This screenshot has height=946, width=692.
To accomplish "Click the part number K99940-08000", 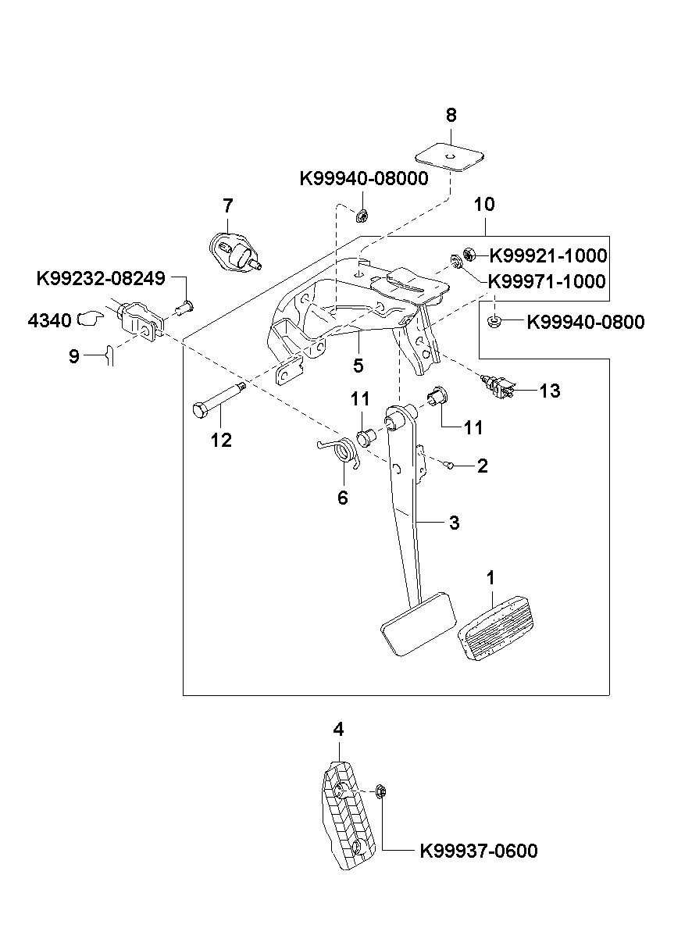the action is (x=364, y=179).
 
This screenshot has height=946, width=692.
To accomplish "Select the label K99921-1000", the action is (x=548, y=255).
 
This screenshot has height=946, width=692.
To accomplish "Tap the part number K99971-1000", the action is (x=547, y=281).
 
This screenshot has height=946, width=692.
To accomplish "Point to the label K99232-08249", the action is (x=101, y=279).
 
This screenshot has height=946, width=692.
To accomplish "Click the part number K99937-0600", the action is (x=479, y=851).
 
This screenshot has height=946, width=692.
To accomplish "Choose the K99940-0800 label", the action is (x=586, y=322).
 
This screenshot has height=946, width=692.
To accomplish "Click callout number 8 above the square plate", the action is (x=451, y=116).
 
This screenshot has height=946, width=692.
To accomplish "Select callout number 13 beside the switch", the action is (x=550, y=391).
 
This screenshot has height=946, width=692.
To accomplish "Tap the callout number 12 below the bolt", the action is (x=221, y=441).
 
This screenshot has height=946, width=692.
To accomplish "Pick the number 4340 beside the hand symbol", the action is (x=49, y=321).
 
